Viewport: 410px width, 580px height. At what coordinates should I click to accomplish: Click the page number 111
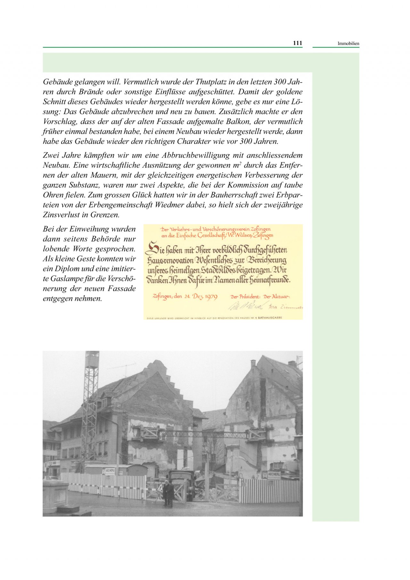tap(298, 43)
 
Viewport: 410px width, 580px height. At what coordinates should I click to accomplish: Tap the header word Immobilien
tap(348, 44)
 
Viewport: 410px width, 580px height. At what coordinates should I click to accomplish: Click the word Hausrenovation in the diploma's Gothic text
tap(170, 261)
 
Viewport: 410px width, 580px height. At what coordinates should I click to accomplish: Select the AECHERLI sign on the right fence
tap(273, 474)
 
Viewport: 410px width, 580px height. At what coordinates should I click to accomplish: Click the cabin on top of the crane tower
tap(92, 359)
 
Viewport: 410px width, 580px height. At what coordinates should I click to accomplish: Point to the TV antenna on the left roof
tap(125, 367)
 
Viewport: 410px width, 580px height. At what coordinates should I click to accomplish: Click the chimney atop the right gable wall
tap(253, 363)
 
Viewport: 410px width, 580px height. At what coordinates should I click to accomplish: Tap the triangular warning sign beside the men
tap(160, 488)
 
